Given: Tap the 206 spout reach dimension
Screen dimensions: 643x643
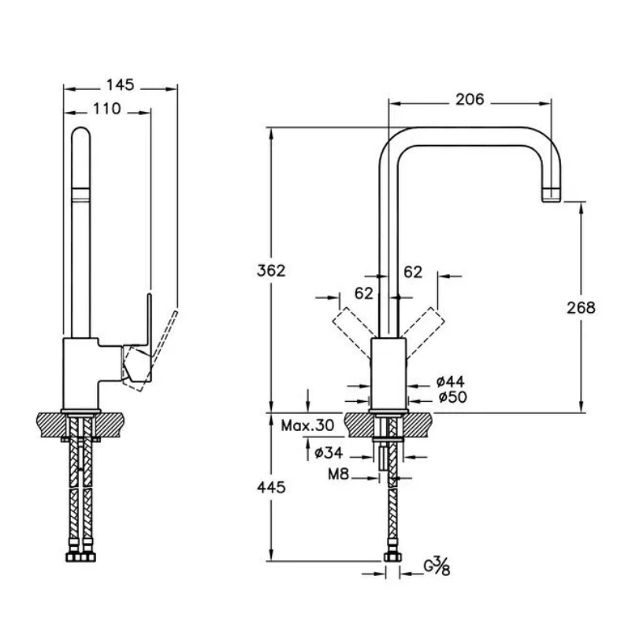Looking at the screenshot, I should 470,99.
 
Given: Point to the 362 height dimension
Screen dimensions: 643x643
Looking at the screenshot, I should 270,270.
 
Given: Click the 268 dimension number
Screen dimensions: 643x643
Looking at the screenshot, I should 581,307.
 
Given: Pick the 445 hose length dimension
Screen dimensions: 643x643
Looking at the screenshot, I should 270,488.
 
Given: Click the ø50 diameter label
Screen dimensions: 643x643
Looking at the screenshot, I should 452,398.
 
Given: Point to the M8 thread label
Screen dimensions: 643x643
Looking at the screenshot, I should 340,475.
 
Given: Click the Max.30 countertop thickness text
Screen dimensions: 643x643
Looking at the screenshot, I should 308,426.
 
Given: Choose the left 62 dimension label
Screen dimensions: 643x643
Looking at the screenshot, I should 364,293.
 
